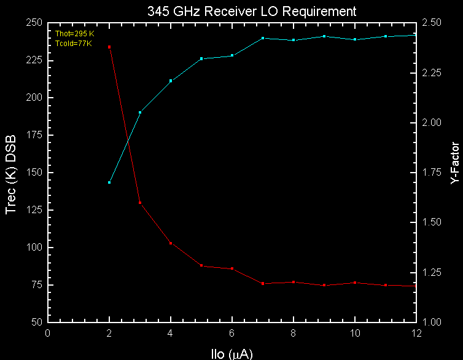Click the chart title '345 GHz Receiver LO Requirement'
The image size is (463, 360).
point(252,11)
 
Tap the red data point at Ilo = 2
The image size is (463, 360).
point(109,47)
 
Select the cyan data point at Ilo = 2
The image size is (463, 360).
point(109,182)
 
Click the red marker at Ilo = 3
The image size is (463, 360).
point(140,203)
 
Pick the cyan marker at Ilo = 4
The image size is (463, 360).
point(171,80)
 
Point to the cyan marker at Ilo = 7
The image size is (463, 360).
point(263,38)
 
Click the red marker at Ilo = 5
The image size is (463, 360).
point(201,265)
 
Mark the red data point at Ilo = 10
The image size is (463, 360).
point(355,283)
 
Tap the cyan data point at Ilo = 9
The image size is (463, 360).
point(324,36)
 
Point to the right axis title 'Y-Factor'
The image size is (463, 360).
point(454,164)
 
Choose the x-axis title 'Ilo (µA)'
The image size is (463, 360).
point(231,353)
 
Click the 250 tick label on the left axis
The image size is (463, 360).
point(34,23)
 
